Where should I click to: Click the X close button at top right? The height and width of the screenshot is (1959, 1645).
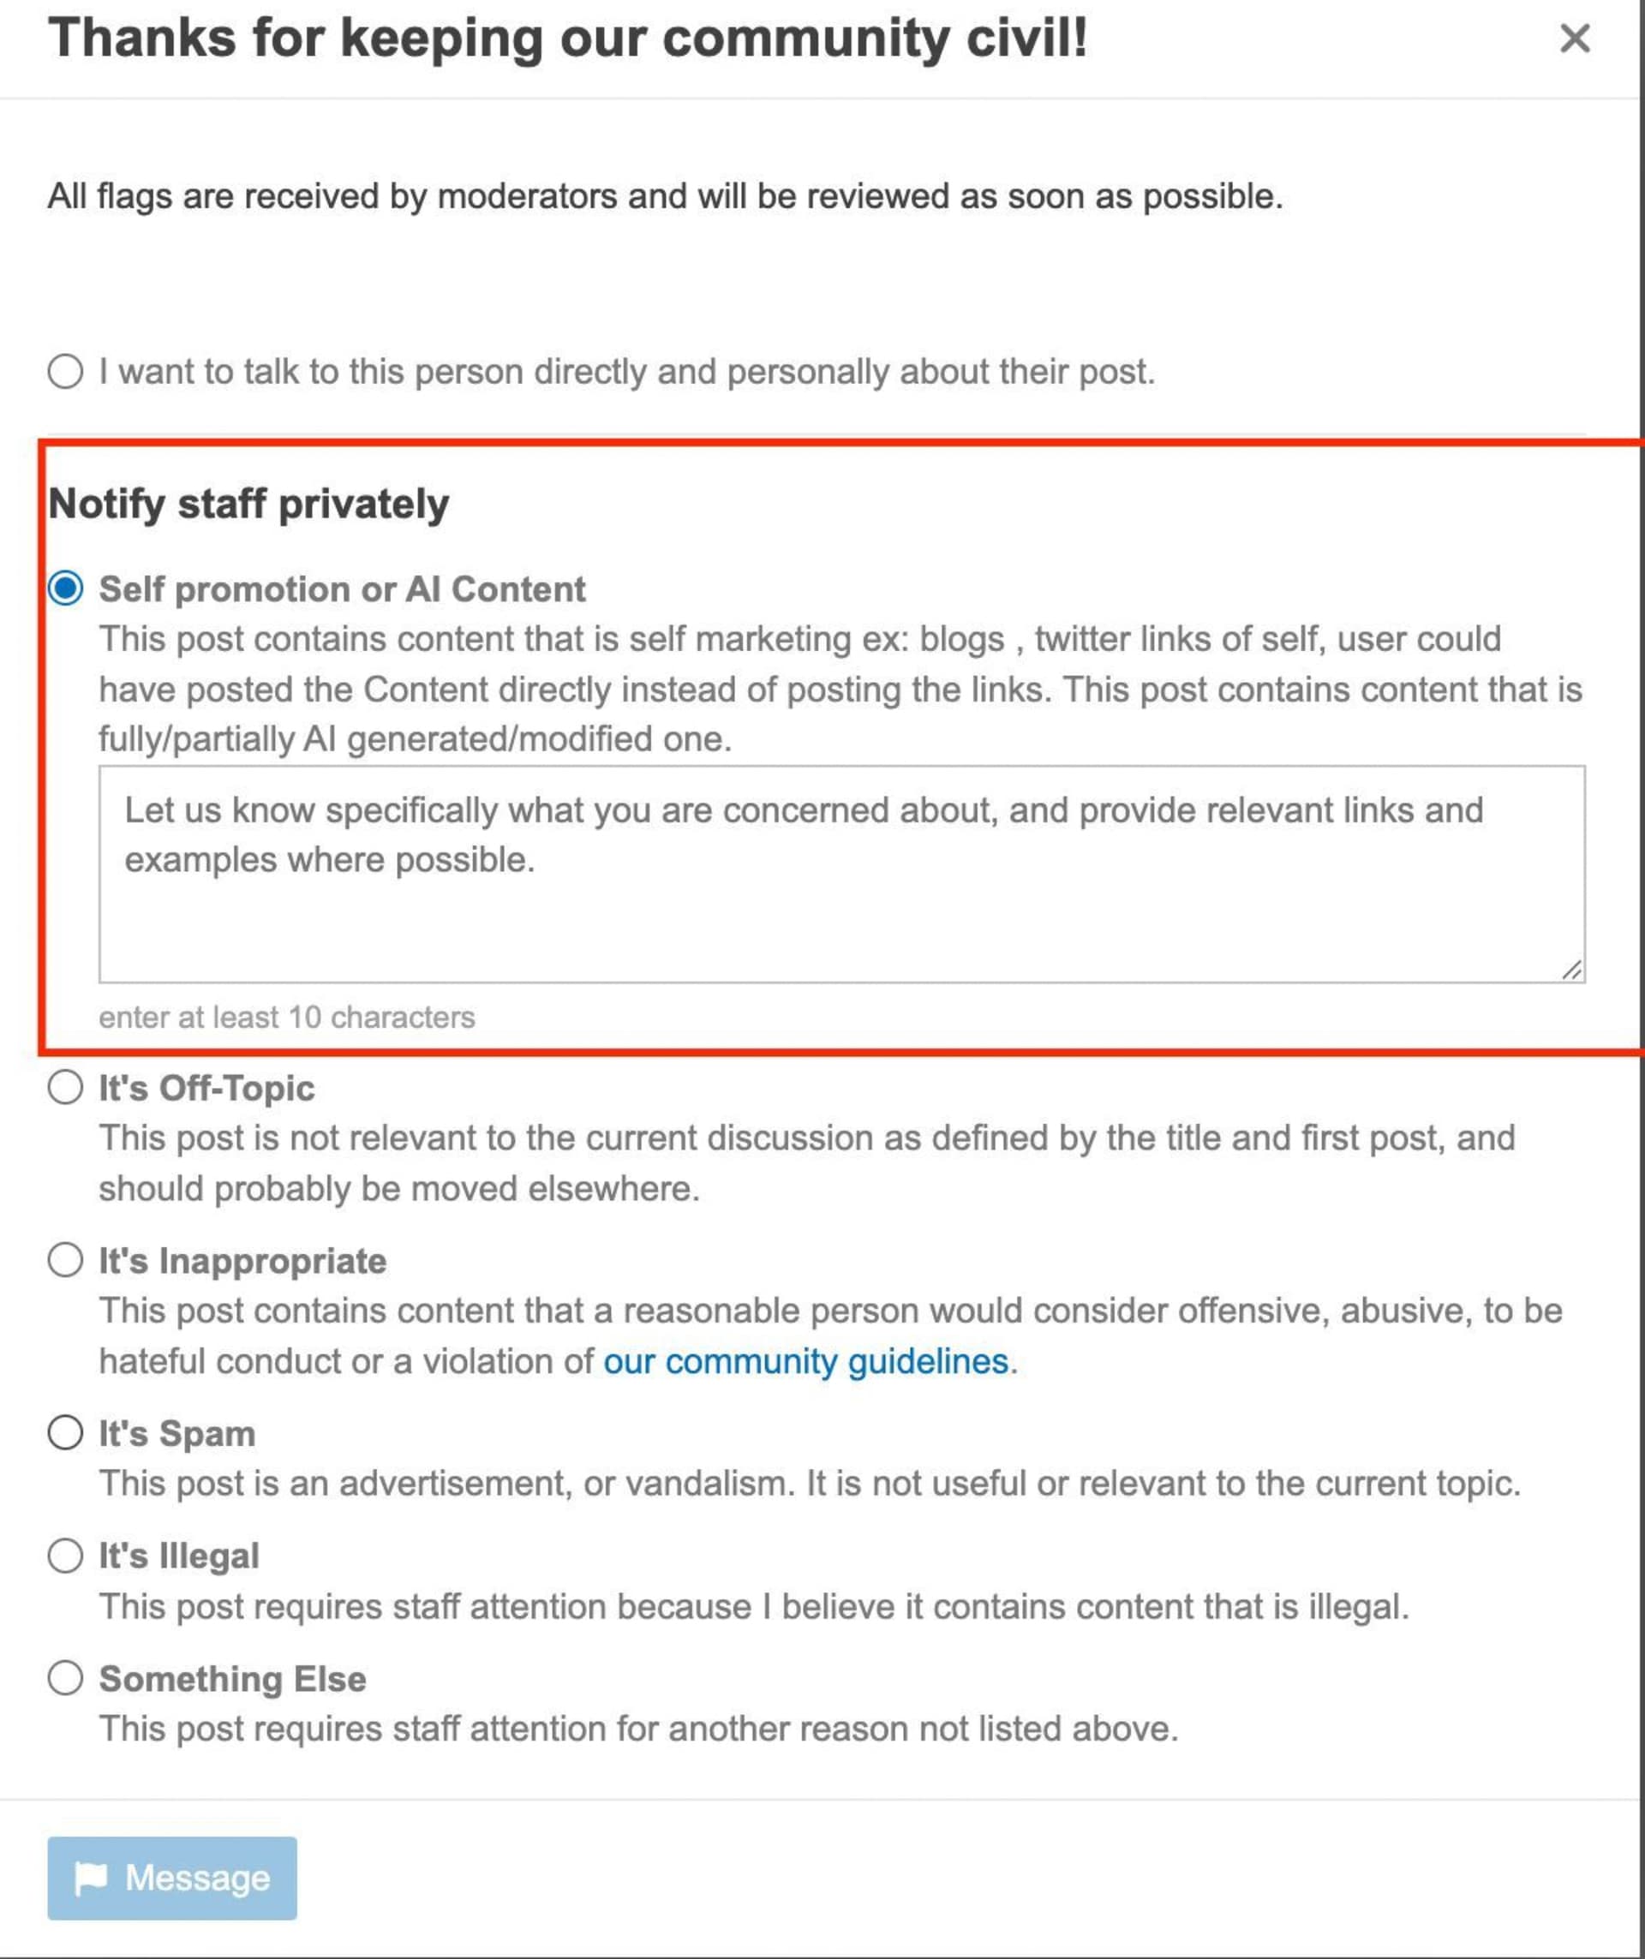click(x=1574, y=39)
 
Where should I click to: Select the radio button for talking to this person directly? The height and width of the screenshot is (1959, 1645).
click(x=65, y=371)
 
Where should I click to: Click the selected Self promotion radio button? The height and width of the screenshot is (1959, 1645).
click(x=65, y=588)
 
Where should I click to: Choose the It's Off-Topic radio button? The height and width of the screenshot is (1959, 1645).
click(x=65, y=1087)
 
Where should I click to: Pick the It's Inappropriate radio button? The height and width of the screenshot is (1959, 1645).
click(x=65, y=1260)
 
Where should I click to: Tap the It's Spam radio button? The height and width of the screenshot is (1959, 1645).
click(x=65, y=1433)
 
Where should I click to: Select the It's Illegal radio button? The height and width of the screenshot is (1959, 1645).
click(x=65, y=1555)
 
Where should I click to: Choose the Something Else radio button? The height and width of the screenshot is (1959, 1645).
click(x=65, y=1678)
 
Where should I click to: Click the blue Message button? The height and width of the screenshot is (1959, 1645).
click(x=172, y=1878)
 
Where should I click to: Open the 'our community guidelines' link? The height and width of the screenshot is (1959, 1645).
click(x=806, y=1361)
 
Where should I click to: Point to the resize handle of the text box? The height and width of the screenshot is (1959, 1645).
click(x=1571, y=971)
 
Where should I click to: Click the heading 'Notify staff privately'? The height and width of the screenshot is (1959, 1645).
click(x=248, y=504)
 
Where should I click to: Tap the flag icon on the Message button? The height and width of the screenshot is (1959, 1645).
click(x=92, y=1878)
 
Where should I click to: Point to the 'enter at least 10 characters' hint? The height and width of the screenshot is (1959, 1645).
click(x=286, y=1017)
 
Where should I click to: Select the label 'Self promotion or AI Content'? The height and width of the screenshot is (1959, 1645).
click(x=343, y=589)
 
